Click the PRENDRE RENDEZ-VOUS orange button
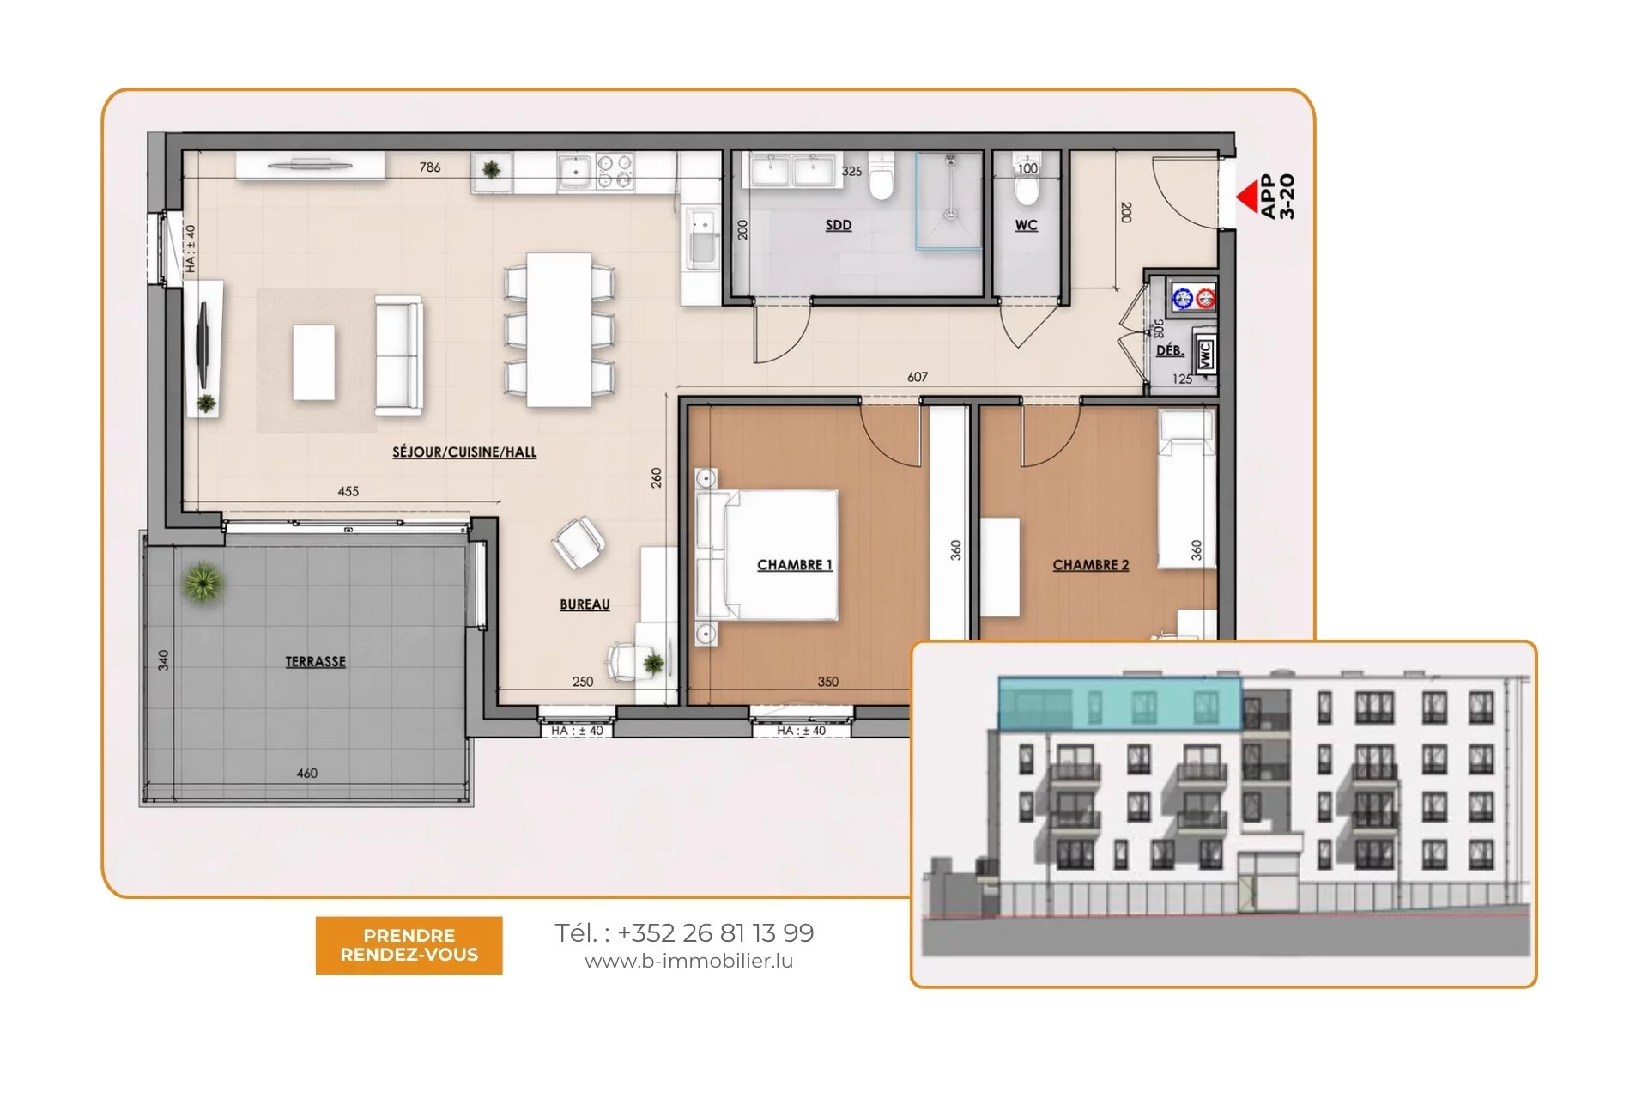[x=409, y=944]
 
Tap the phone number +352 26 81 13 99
[x=715, y=932]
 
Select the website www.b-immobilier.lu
[x=688, y=962]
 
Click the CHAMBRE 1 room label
[x=795, y=564]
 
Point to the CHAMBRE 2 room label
[x=1091, y=564]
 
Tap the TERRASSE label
[x=316, y=661]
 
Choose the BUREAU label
[x=585, y=604]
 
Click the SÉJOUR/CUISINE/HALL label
[x=464, y=452]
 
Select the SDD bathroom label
[x=839, y=225]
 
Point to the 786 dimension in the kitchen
[x=430, y=167]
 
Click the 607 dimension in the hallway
[x=918, y=377]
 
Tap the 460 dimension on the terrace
[x=307, y=773]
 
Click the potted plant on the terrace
[x=203, y=583]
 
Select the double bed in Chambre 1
[x=766, y=555]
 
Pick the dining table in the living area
[x=559, y=330]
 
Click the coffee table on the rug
[x=314, y=362]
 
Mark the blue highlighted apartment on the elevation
[x=1119, y=703]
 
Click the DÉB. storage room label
[x=1170, y=350]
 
